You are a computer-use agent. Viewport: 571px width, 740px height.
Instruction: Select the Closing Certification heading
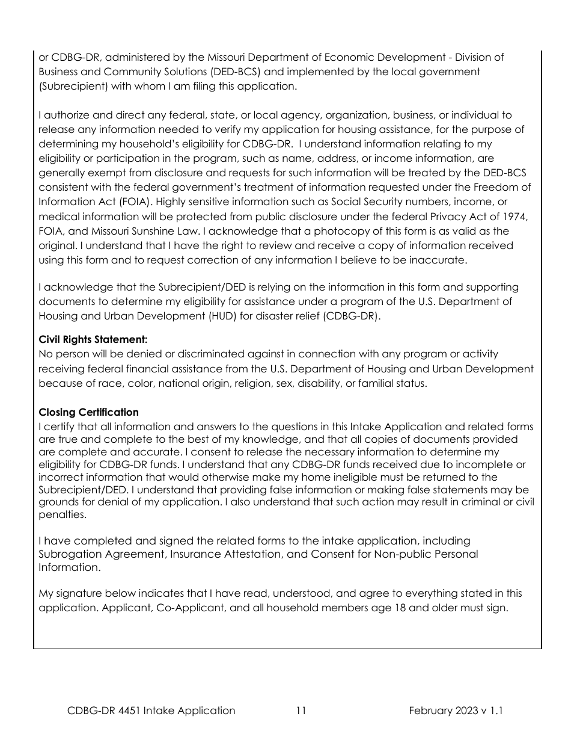point(88,412)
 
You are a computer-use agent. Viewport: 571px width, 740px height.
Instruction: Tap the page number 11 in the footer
point(301,711)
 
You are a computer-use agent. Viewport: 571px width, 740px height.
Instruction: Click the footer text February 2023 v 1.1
point(456,711)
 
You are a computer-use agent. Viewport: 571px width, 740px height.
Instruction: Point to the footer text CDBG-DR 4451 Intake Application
point(151,711)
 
